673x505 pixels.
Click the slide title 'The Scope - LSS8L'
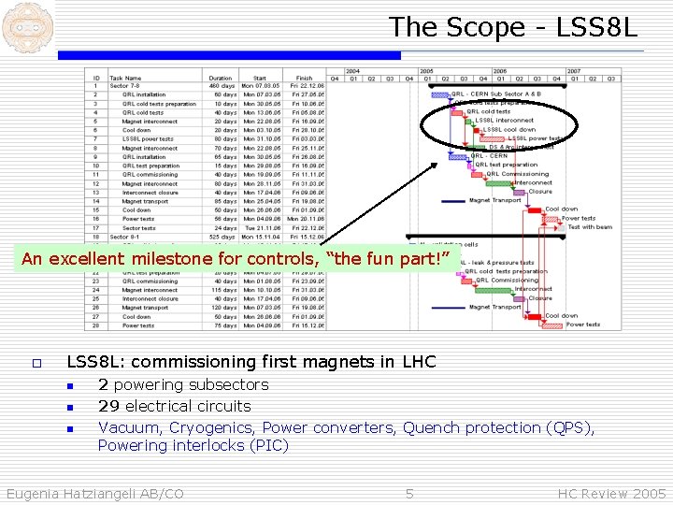513,27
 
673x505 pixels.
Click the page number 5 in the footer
409,493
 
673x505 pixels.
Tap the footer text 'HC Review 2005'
612,493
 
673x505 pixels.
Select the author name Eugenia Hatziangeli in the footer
94,493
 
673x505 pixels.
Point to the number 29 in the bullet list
108,406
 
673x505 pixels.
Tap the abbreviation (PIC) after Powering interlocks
268,445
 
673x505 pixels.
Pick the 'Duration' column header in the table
221,78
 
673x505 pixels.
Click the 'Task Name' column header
125,78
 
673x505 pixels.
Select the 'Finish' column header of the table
305,78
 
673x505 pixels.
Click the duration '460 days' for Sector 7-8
222,86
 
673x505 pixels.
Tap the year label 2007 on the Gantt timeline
573,70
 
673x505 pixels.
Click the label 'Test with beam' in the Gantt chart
590,227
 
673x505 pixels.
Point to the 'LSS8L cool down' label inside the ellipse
509,129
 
